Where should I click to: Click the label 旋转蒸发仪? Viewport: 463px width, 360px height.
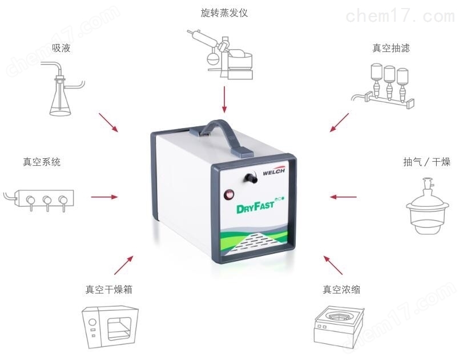(x=224, y=13)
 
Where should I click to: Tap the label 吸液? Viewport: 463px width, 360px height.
(x=61, y=48)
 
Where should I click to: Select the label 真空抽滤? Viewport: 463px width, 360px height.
(x=391, y=48)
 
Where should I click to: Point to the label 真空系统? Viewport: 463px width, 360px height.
(x=42, y=162)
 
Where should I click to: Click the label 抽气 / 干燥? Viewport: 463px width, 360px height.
(x=426, y=162)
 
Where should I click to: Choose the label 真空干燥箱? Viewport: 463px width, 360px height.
(x=108, y=289)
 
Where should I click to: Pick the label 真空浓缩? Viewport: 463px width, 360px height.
(x=341, y=289)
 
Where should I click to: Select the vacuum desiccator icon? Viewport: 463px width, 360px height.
(x=427, y=206)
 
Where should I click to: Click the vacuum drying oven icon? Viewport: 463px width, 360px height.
(x=110, y=327)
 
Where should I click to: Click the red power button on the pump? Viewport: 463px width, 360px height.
(x=229, y=195)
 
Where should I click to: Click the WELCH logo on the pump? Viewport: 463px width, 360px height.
(x=273, y=172)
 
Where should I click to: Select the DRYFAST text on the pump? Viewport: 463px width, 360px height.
(x=255, y=207)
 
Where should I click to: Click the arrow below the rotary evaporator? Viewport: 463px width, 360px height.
(x=224, y=99)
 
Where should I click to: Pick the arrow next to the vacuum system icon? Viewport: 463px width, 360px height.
(x=104, y=197)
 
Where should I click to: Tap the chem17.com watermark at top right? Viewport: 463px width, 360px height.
(x=400, y=16)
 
